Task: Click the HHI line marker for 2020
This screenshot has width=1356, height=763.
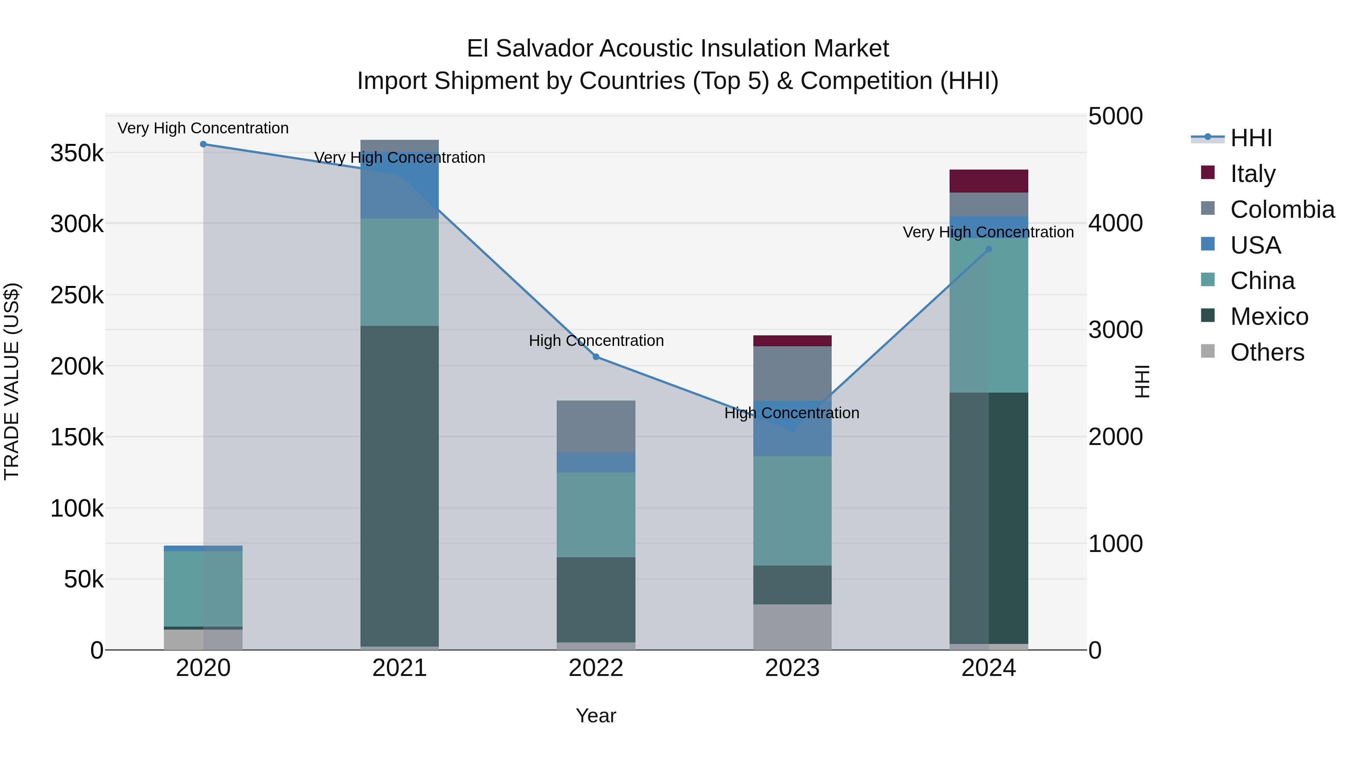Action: click(203, 144)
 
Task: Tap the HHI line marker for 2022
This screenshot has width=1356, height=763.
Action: click(596, 357)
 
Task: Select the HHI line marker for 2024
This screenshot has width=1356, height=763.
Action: click(989, 249)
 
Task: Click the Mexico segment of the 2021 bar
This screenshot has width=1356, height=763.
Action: click(400, 485)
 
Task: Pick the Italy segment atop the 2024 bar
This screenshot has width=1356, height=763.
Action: click(989, 181)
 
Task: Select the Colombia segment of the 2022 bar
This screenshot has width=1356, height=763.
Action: click(596, 427)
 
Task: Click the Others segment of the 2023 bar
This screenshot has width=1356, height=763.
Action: click(792, 627)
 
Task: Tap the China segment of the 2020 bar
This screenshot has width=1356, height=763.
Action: click(203, 589)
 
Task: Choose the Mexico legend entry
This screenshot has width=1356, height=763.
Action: click(1269, 317)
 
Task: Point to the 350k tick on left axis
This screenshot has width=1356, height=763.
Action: click(77, 154)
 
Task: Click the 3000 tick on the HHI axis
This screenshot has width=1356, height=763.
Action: click(1115, 330)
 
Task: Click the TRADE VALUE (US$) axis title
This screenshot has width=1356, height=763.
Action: click(12, 381)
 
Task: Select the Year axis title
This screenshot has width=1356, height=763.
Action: click(596, 716)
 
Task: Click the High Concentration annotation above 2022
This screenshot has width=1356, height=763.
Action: click(596, 341)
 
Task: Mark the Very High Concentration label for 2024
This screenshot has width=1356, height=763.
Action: click(988, 232)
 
